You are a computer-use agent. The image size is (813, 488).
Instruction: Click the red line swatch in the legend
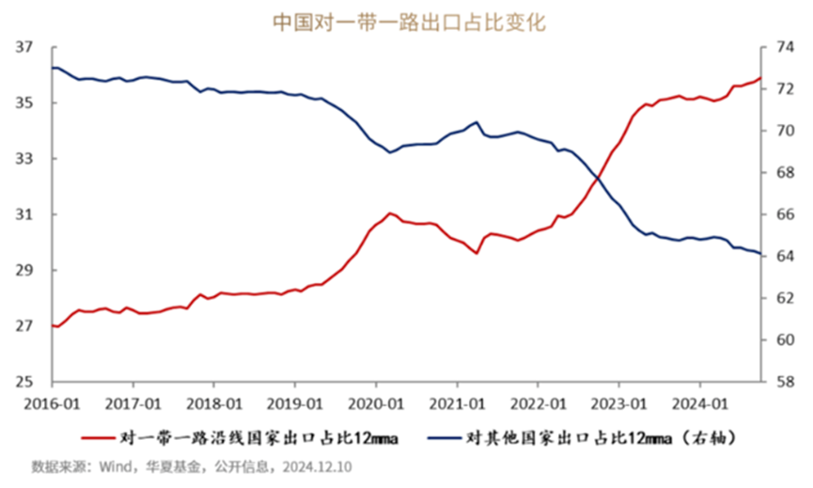(x=97, y=437)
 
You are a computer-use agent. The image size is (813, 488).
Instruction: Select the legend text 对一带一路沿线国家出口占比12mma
(x=262, y=437)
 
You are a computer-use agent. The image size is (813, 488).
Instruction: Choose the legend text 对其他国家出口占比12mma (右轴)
(x=602, y=437)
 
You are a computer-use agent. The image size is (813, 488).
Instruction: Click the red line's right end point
(x=759, y=78)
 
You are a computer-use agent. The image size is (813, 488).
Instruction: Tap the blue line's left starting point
(x=53, y=68)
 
